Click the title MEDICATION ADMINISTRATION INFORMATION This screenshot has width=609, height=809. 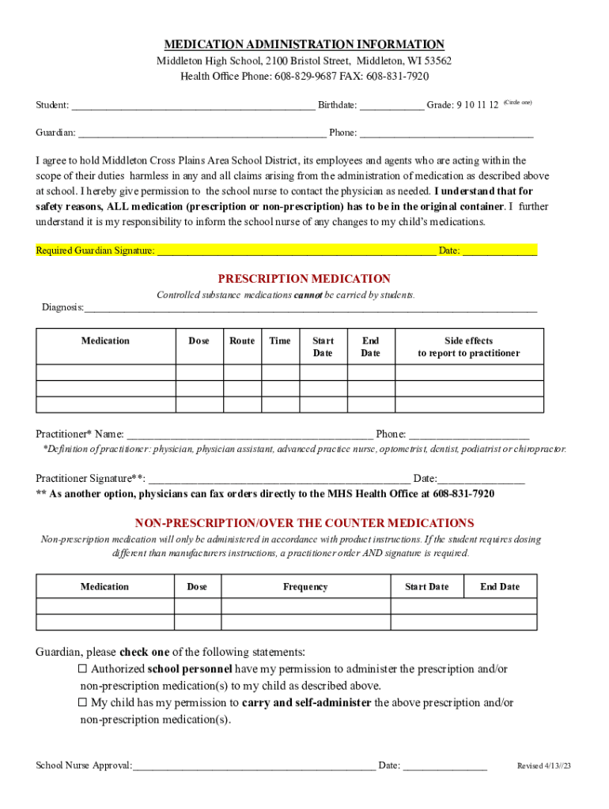point(304,45)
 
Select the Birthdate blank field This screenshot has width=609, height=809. point(391,106)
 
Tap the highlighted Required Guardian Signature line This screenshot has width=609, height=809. point(297,251)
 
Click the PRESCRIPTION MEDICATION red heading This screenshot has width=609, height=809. point(304,279)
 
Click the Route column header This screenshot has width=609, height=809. point(242,341)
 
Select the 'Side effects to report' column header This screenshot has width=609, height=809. point(469,347)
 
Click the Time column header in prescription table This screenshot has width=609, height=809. point(280,341)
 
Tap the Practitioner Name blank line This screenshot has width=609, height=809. point(250,435)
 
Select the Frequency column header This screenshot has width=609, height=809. point(305,587)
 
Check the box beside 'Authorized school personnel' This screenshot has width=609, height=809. point(82,669)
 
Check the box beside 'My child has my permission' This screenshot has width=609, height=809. point(82,702)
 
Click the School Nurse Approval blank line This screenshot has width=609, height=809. point(254,766)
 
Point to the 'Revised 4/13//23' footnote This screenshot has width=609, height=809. point(543,766)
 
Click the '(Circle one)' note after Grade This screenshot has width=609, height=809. point(518,103)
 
